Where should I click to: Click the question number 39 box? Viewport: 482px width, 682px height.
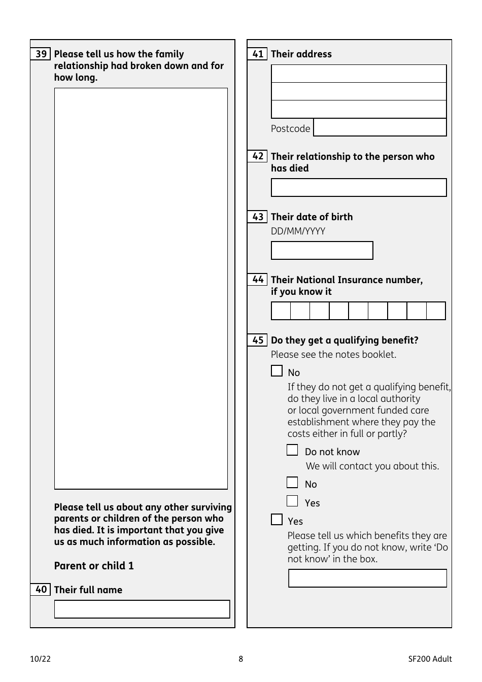click(x=41, y=54)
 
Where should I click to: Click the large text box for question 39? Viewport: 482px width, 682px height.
click(x=141, y=288)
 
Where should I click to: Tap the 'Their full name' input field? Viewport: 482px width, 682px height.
click(x=142, y=609)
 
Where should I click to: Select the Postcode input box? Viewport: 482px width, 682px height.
click(x=380, y=127)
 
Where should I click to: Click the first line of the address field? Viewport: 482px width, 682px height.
click(x=359, y=74)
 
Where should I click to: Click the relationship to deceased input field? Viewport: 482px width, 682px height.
click(x=359, y=187)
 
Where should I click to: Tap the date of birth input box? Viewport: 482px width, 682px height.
click(x=322, y=250)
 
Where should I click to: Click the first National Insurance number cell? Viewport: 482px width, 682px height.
click(x=281, y=311)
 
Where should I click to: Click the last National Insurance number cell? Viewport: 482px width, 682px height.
click(x=436, y=311)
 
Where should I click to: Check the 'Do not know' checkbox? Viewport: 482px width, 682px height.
click(x=292, y=450)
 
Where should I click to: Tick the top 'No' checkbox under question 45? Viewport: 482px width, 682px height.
click(x=277, y=371)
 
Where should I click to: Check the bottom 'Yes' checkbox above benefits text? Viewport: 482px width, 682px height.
click(x=277, y=519)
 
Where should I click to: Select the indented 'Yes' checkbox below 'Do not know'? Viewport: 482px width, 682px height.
click(x=292, y=501)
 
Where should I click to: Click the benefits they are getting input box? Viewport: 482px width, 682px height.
click(x=367, y=578)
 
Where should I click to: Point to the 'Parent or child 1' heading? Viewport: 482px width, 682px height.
click(x=94, y=566)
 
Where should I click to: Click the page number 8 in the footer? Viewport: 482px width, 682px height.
click(x=240, y=659)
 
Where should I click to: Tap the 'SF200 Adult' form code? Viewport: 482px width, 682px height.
click(x=430, y=659)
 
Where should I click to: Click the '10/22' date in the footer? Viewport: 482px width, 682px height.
click(x=40, y=659)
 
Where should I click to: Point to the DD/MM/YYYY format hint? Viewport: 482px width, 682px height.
click(x=298, y=231)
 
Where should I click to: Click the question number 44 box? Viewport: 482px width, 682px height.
click(x=258, y=279)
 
